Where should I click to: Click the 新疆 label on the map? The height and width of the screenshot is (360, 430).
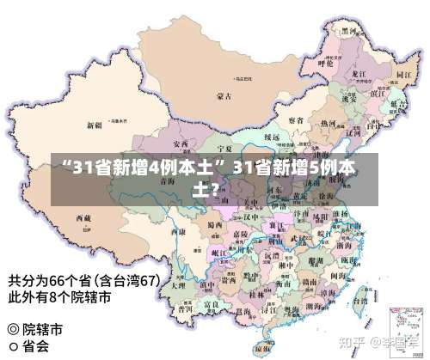click(x=94, y=125)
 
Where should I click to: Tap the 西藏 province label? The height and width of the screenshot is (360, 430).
click(x=83, y=220)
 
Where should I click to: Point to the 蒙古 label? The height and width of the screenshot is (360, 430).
click(x=224, y=95)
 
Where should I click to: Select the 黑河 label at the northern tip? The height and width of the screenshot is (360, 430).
click(x=350, y=31)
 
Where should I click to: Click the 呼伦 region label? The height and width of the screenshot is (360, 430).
click(x=325, y=63)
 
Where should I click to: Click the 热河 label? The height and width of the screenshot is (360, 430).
click(x=327, y=125)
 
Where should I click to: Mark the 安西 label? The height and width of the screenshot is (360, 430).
click(x=181, y=143)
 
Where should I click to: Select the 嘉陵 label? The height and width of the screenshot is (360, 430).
click(x=242, y=232)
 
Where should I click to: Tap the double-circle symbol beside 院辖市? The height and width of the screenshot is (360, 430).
click(x=13, y=329)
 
